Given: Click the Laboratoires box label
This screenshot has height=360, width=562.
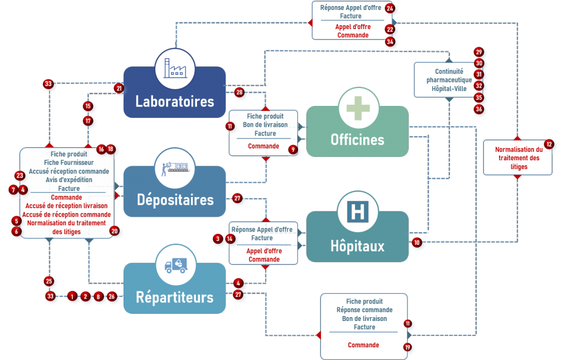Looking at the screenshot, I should pos(175,102).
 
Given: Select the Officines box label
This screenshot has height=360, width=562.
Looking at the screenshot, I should pos(357,139).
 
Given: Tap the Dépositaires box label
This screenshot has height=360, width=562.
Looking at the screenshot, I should pos(175,199).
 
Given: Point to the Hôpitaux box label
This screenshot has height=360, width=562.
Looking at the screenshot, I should pos(357,246).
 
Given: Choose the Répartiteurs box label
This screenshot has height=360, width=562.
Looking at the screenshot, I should pos(175,297).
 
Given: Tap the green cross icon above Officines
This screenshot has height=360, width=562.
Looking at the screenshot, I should pos(358,107).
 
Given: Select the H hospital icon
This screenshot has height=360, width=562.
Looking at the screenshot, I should pos(358,213).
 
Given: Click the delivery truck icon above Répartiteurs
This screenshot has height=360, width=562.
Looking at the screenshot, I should pos(176,266).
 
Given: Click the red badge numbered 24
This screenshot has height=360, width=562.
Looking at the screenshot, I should pos(390,8).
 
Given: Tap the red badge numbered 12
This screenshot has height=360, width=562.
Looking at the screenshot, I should pos(548,144).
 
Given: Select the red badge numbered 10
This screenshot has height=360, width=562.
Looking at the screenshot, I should pos(417,243).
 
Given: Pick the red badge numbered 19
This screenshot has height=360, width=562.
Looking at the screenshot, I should pos(407,347).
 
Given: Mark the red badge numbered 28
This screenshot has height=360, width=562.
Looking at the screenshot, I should pos(239,93).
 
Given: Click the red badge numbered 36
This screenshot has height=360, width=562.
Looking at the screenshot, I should pos(479,109).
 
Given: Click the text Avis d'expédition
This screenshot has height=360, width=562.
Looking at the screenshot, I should pos(69,180).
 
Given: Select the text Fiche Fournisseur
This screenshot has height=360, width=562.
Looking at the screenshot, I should pos(69,162).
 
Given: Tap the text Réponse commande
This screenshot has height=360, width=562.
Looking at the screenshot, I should pos(364,310).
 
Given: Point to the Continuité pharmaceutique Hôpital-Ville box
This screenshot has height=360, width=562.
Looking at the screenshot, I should pos(449,80).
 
